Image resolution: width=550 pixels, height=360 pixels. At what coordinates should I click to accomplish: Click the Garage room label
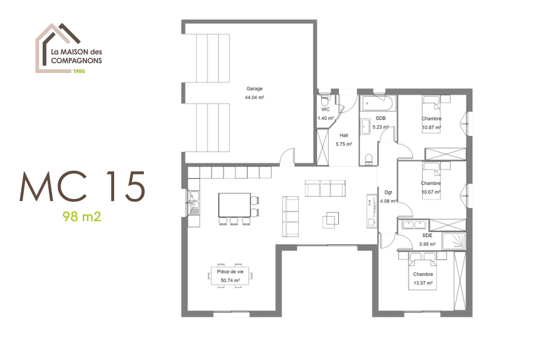click(254, 88)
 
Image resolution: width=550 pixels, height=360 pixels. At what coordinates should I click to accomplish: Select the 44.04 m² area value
click(254, 97)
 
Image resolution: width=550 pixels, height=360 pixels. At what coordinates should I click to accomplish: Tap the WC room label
click(325, 110)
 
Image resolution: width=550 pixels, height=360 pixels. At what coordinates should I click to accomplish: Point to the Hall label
click(343, 135)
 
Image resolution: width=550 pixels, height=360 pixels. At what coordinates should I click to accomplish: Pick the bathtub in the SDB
click(377, 104)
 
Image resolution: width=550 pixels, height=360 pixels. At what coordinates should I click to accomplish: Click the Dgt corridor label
click(388, 192)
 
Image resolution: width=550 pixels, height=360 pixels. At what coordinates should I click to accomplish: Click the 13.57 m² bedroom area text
click(423, 283)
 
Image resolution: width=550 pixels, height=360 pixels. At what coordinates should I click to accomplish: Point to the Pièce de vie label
click(230, 272)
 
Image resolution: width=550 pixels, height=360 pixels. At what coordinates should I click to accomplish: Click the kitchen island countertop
click(234, 204)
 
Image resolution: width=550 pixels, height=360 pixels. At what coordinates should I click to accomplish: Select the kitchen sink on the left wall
click(193, 203)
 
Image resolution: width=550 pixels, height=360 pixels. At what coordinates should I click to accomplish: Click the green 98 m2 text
click(82, 216)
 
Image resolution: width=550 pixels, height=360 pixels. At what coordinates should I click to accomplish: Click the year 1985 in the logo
click(79, 71)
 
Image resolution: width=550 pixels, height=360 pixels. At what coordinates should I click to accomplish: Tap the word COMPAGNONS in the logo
click(76, 60)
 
